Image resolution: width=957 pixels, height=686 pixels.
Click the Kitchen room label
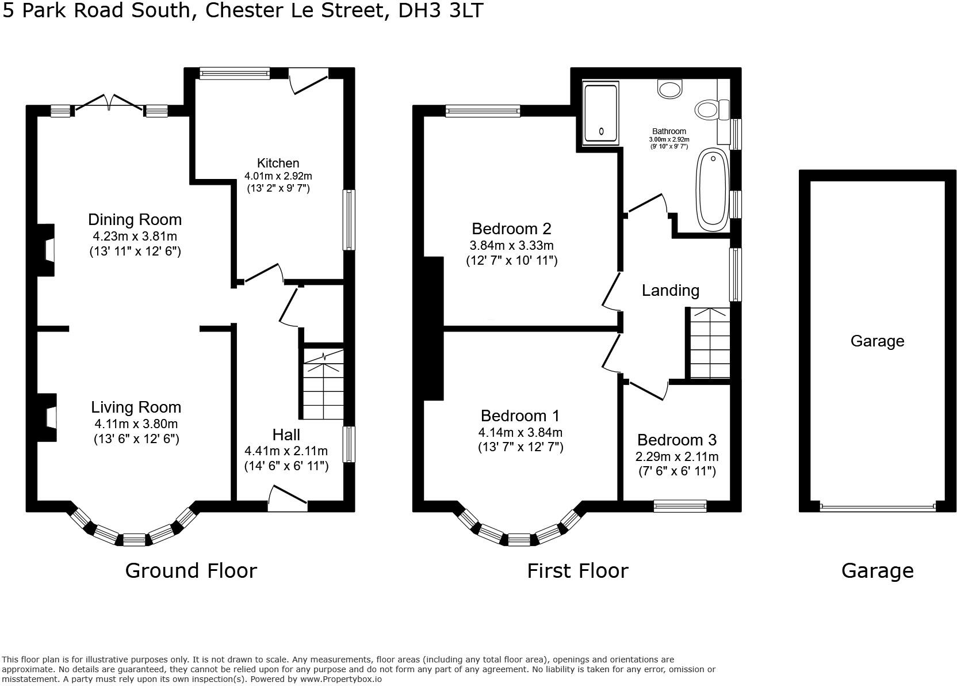tap(278, 163)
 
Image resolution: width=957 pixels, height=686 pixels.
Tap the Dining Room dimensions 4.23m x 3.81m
tap(135, 236)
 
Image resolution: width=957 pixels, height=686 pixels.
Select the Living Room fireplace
tap(48, 417)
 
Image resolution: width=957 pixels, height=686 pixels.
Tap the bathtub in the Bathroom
tap(713, 190)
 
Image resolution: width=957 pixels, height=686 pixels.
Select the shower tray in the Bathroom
tap(600, 113)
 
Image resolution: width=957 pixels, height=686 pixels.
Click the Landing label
tap(670, 290)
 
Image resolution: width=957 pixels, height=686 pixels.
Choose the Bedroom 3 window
tap(680, 506)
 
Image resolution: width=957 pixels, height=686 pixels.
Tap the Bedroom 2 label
tap(511, 228)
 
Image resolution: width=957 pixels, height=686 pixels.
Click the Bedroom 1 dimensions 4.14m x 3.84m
tap(520, 432)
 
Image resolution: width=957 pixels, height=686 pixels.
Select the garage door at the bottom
tap(877, 507)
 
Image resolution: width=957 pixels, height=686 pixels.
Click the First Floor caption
tap(577, 570)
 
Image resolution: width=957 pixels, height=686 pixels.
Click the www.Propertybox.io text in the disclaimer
tap(340, 679)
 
